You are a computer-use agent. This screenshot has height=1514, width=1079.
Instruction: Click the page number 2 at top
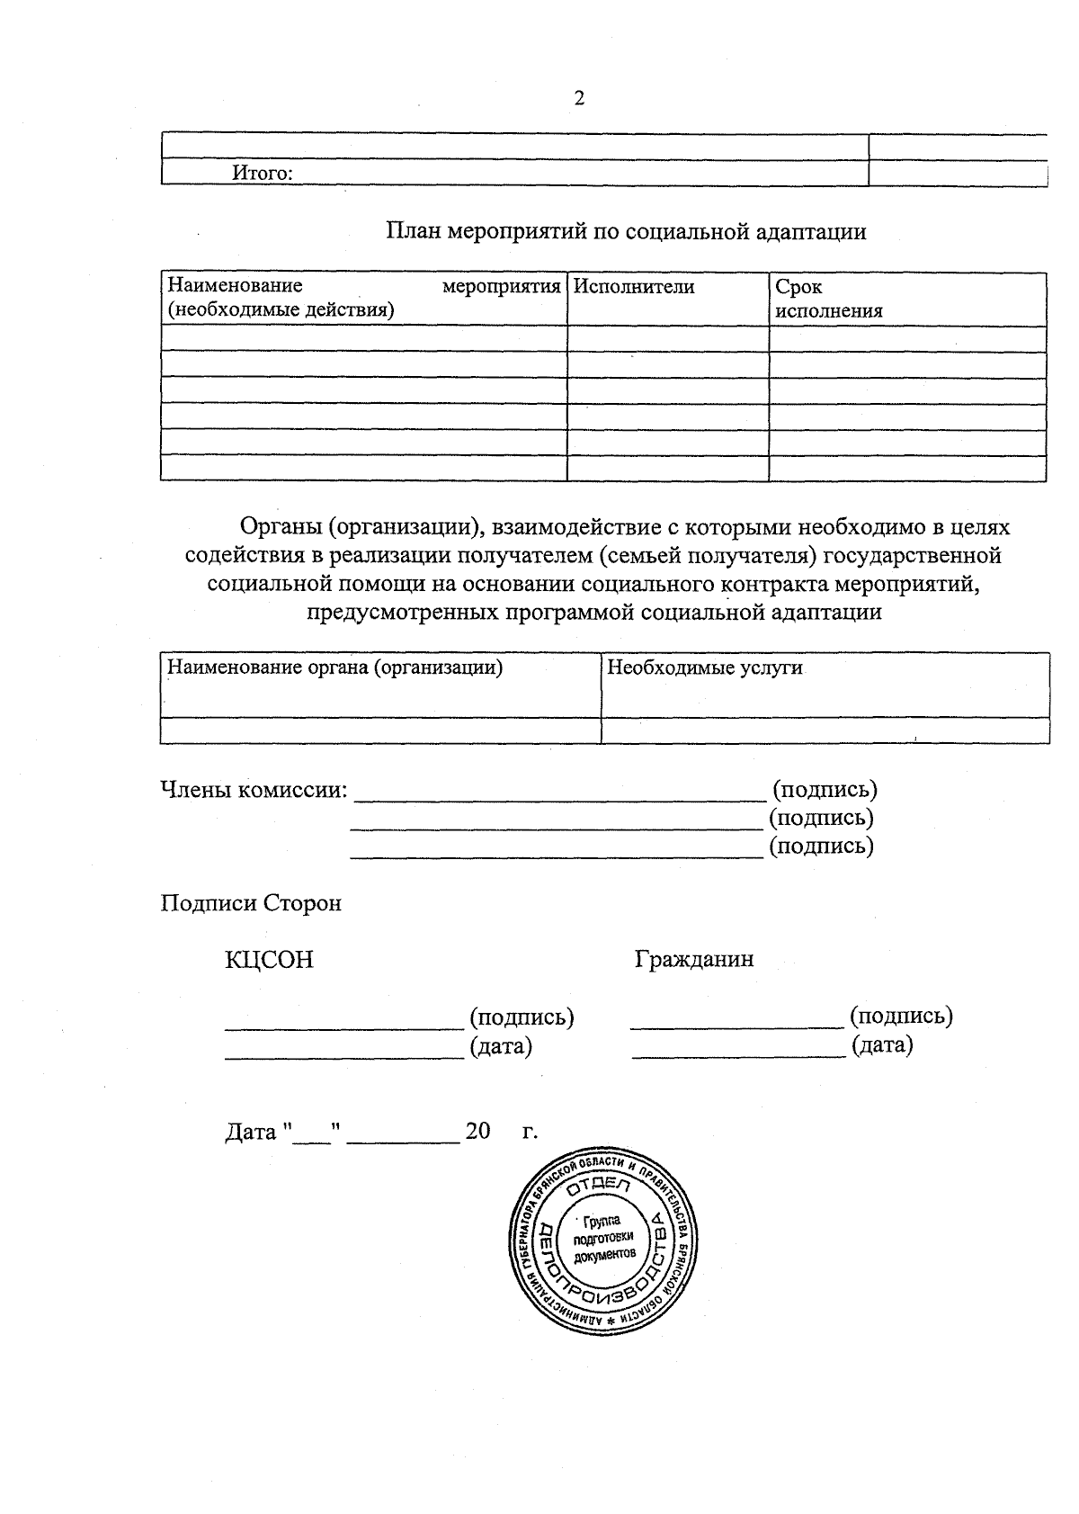tap(579, 99)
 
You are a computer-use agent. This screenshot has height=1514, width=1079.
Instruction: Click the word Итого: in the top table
tap(263, 173)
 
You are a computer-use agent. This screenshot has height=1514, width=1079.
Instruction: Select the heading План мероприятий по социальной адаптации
tap(626, 232)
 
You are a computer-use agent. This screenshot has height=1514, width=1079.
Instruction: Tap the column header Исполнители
tap(634, 287)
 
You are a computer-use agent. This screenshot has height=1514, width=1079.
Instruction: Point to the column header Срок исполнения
tap(828, 299)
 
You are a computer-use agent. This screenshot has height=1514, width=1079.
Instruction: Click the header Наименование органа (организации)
tap(335, 667)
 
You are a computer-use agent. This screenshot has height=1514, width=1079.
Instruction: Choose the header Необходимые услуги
tap(705, 667)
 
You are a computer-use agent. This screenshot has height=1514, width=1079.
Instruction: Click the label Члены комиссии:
tap(254, 790)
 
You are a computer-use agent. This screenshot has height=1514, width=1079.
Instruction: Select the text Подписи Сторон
tap(251, 903)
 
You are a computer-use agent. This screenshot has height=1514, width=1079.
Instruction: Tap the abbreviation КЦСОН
tap(269, 960)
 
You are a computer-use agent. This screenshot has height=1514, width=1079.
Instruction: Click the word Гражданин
tap(694, 959)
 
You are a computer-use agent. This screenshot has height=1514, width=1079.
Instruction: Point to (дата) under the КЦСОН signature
tap(501, 1046)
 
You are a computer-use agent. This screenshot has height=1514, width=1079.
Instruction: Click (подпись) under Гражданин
tap(901, 1016)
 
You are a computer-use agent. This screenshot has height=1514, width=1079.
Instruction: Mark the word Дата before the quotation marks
tap(250, 1132)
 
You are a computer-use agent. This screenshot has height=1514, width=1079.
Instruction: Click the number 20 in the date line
tap(477, 1131)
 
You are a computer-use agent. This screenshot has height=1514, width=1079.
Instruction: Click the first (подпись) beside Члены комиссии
tap(825, 790)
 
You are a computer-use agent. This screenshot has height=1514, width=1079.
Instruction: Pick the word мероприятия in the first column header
tap(502, 287)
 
